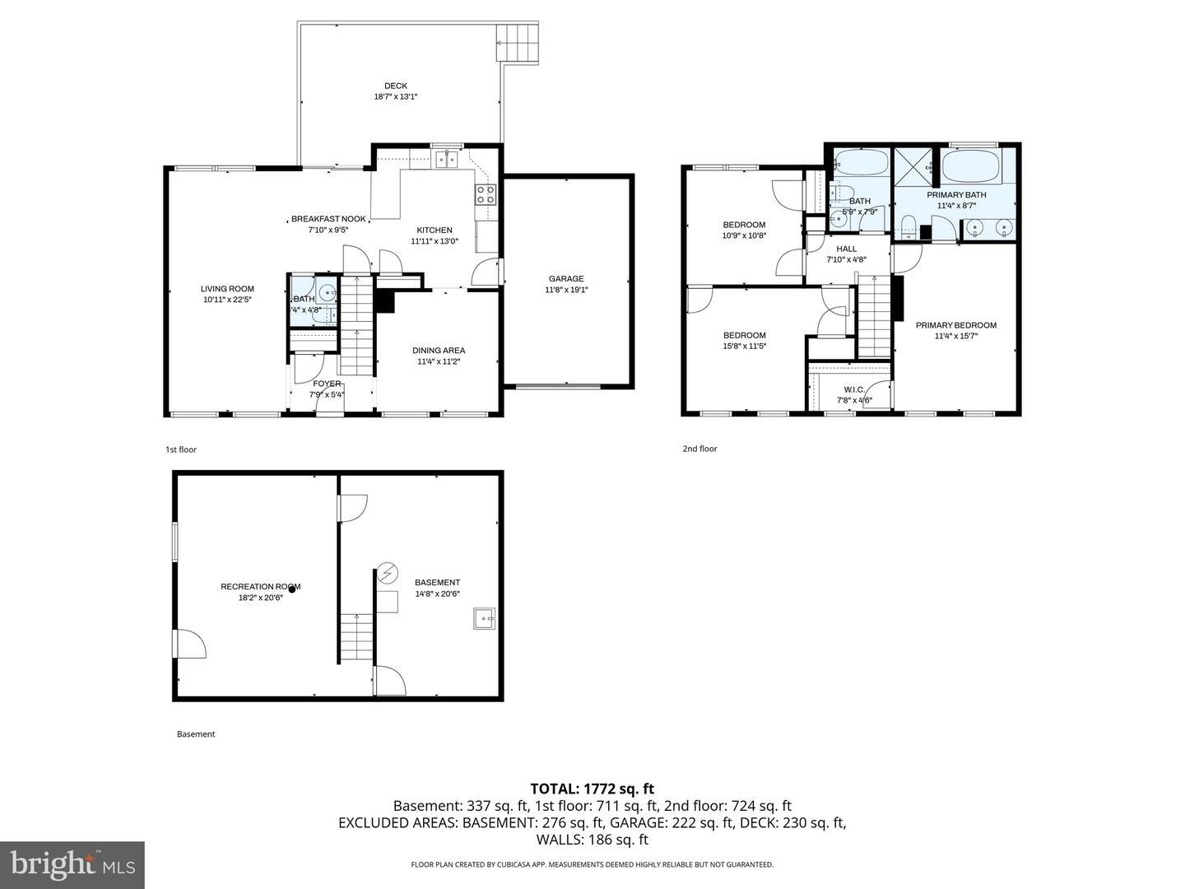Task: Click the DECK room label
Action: pos(395,86)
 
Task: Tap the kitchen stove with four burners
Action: pos(485,194)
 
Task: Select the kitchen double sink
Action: pos(447,159)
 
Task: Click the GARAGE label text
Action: pos(566,279)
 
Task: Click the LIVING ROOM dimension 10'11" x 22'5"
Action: pos(227,300)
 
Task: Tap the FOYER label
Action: pos(327,384)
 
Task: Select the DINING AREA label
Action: pos(439,350)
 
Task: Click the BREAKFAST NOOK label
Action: pos(328,219)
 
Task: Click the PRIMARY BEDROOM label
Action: pos(955,325)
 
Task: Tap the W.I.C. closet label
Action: pos(853,390)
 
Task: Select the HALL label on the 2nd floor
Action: pos(846,249)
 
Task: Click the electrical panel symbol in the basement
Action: pos(387,573)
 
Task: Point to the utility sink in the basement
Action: pos(485,617)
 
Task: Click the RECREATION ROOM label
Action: pos(260,587)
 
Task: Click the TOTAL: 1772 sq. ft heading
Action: pos(592,789)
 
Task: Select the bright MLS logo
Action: pos(72,864)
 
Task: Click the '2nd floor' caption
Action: pos(699,449)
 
